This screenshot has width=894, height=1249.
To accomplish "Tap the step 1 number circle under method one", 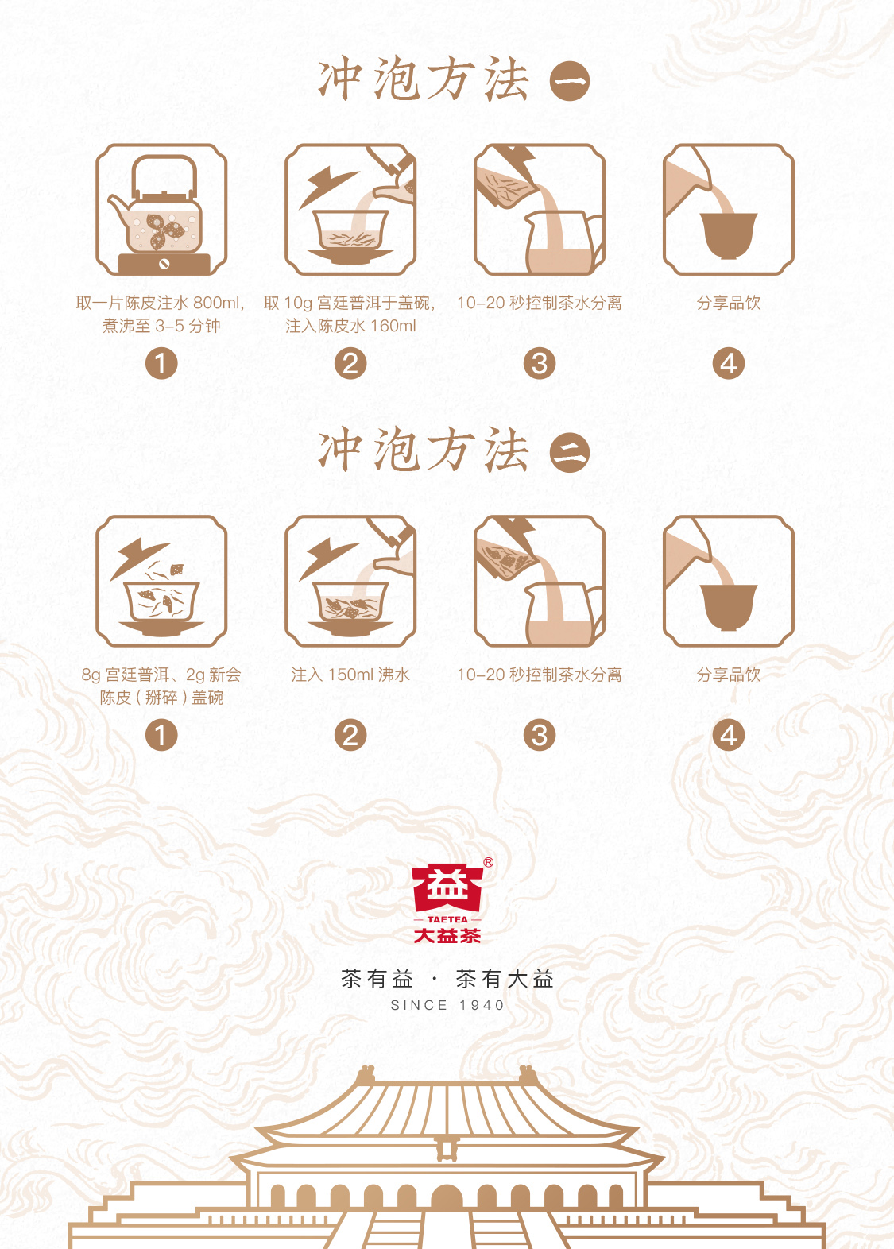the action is [x=161, y=364].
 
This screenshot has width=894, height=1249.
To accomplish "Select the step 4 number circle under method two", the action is [x=729, y=735].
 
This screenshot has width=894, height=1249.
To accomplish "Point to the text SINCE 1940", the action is [x=447, y=1005].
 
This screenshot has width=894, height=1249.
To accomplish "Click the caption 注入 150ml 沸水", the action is [x=350, y=675].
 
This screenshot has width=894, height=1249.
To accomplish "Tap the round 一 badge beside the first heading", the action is [x=570, y=81].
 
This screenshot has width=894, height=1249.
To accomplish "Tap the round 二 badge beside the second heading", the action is [x=570, y=452].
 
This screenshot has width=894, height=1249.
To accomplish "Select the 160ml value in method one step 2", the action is [x=393, y=326].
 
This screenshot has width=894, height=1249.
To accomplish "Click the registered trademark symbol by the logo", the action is [x=488, y=863].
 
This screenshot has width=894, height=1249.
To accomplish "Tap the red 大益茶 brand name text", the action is [x=447, y=935].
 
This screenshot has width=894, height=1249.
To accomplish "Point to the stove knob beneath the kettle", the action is [x=164, y=264].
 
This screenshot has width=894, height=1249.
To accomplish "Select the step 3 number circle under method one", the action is [x=540, y=364].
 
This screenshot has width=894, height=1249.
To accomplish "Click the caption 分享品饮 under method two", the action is [x=729, y=675].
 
